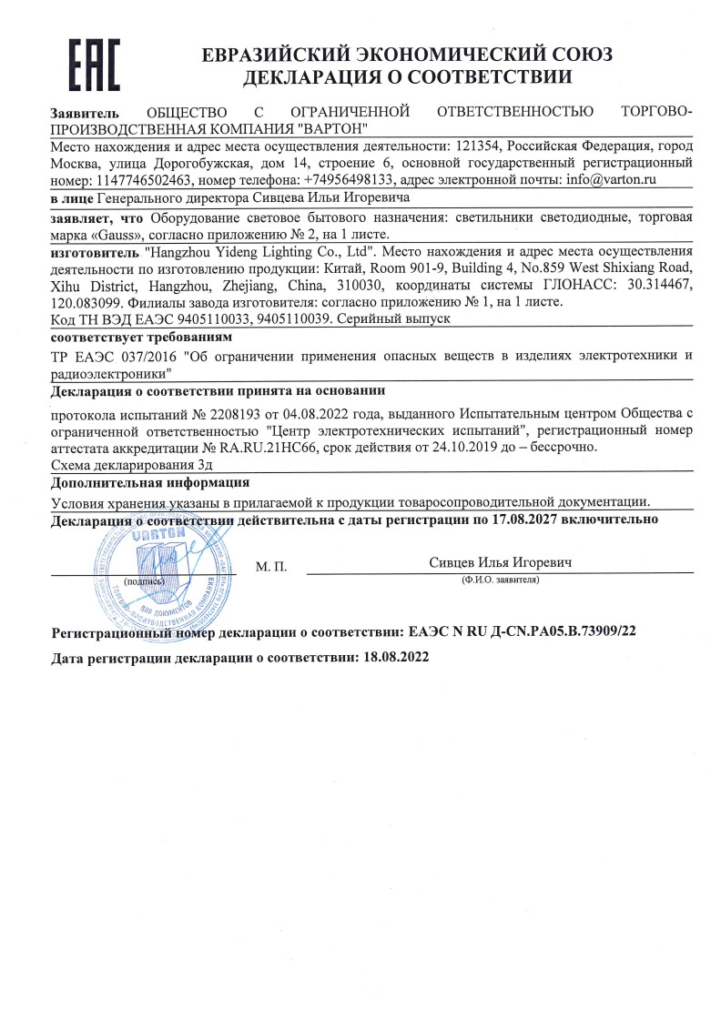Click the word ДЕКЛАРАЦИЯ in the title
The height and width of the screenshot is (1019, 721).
[313, 78]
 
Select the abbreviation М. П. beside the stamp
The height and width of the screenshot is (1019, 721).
[271, 567]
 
